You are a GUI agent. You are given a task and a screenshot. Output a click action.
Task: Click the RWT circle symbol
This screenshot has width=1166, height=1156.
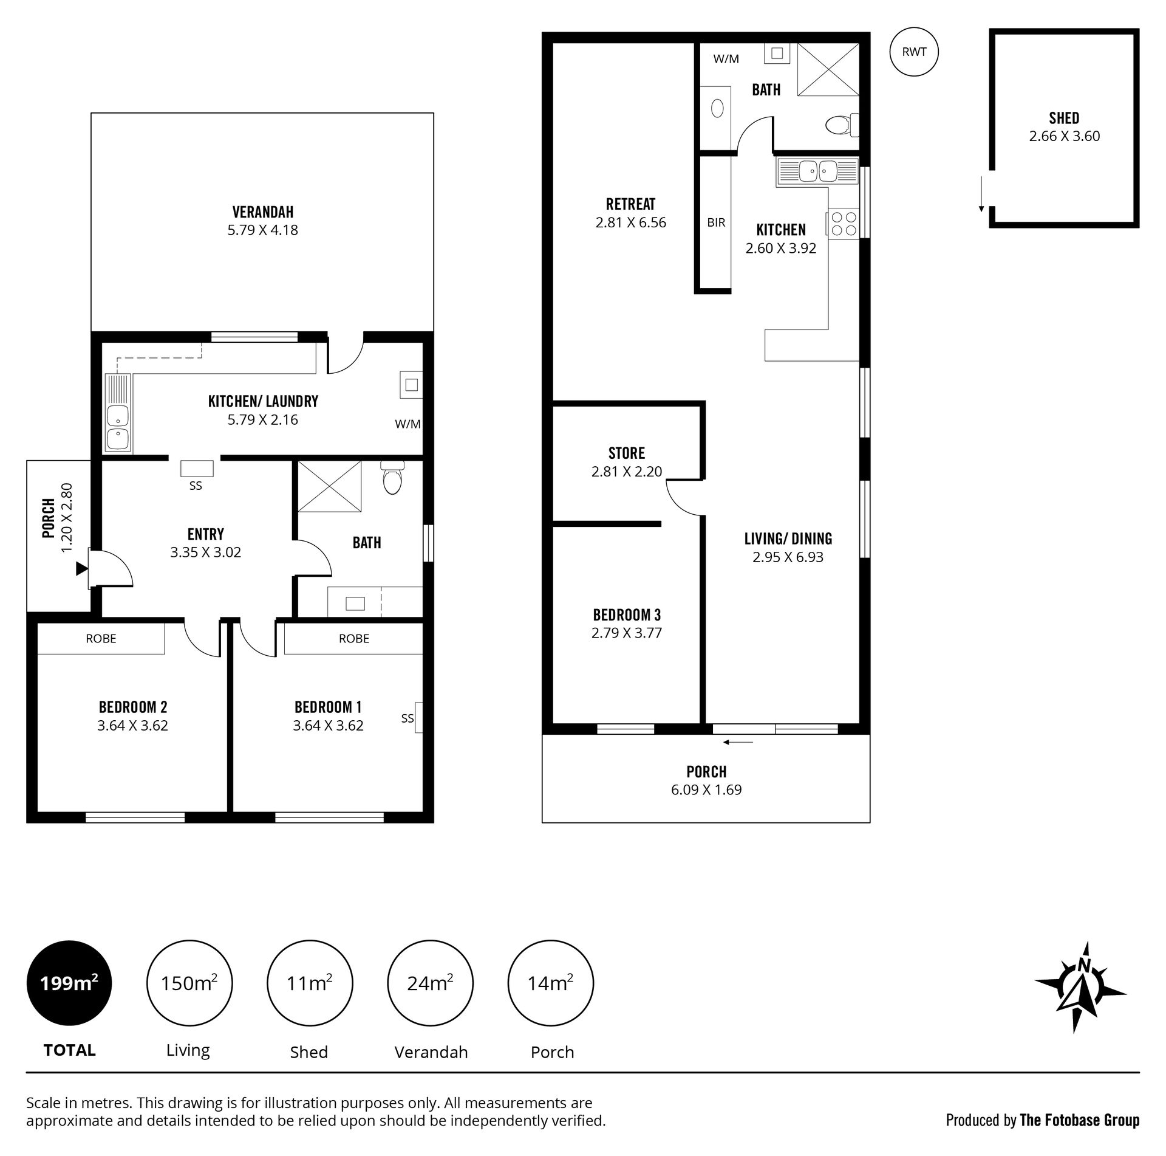[x=913, y=52]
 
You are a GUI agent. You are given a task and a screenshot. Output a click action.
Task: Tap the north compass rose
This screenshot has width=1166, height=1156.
[x=1080, y=987]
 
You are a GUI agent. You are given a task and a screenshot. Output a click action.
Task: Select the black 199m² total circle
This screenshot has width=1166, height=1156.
[x=69, y=983]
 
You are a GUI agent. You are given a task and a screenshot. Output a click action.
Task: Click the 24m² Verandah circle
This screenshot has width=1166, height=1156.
[x=431, y=983]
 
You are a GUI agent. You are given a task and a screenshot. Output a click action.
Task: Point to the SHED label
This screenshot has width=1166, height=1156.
[x=1064, y=118]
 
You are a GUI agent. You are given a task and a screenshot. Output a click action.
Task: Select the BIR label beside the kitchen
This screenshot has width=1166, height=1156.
[x=716, y=222]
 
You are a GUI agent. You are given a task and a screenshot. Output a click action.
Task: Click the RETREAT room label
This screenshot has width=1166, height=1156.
[x=630, y=204]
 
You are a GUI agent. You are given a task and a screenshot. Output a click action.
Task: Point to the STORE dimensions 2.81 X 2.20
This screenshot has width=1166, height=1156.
[x=626, y=471]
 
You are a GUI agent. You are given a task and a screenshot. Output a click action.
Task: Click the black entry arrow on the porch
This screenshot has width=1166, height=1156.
[x=81, y=569]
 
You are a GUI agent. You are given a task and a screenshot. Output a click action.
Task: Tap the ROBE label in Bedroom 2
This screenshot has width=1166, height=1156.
[x=101, y=638]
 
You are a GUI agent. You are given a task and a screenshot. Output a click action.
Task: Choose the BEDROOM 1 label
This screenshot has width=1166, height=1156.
[x=328, y=707]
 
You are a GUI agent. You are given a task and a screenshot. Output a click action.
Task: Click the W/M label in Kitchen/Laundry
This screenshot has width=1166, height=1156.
[x=407, y=424]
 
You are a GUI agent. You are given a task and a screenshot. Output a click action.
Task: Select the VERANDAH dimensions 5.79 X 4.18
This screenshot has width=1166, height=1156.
[x=262, y=230]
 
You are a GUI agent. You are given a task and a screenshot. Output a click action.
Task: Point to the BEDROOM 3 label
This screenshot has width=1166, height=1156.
[x=627, y=614]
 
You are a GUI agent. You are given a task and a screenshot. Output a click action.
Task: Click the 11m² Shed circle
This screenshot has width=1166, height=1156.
[x=309, y=983]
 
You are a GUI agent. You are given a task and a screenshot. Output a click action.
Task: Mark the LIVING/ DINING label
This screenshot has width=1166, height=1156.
[x=788, y=538]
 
